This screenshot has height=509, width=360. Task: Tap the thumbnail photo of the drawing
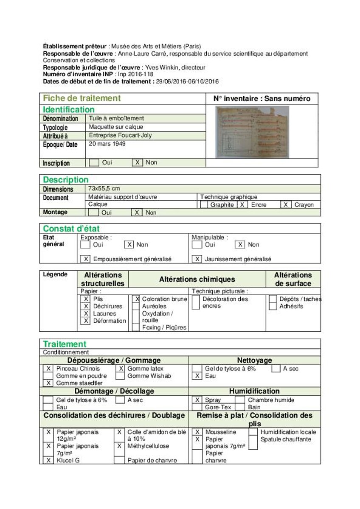[252, 131]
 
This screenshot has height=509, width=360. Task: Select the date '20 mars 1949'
[107, 144]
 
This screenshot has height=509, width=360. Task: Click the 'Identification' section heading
[68, 109]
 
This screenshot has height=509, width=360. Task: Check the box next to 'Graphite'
[204, 204]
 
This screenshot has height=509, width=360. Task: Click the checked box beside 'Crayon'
[286, 204]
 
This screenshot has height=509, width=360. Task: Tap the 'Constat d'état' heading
[71, 229]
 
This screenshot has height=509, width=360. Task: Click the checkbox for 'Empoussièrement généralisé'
[86, 259]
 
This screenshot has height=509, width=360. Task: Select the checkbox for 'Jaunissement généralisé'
[197, 259]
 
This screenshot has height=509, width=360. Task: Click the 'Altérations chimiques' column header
[197, 279]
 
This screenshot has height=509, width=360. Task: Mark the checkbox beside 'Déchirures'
[86, 306]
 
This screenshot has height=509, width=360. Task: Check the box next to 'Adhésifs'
[273, 306]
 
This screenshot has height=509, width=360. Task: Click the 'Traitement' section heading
[65, 344]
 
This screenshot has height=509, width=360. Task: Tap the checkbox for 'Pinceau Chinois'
[48, 369]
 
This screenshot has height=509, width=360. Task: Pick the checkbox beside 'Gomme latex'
[121, 369]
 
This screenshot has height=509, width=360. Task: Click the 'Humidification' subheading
[254, 391]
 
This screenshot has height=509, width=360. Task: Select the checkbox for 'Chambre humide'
[240, 400]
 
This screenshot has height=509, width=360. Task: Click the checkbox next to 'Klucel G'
[48, 460]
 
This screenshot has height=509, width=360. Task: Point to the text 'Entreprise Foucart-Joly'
[120, 135]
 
